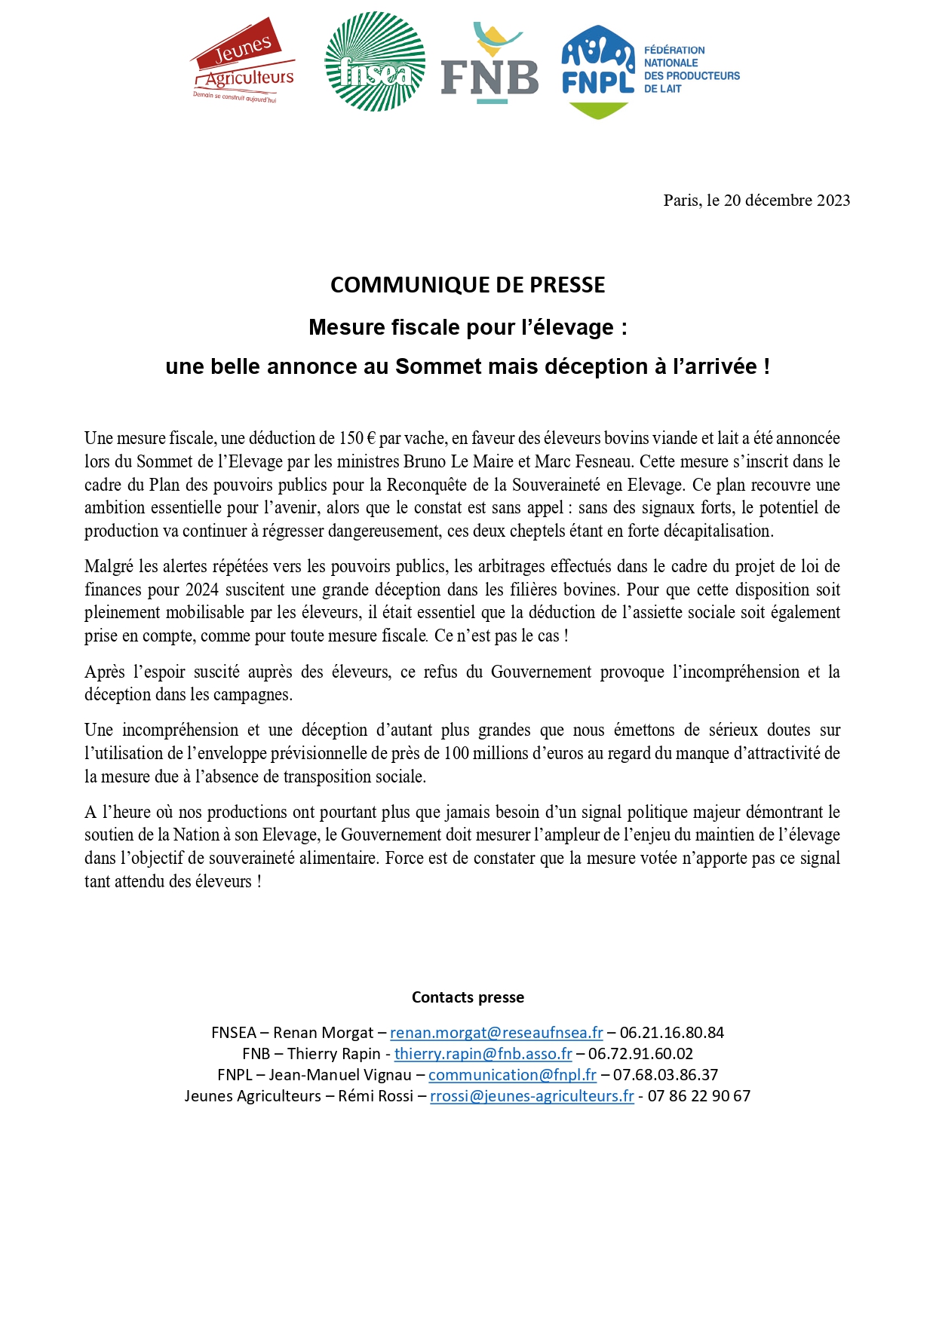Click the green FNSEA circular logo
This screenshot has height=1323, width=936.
pos(375,62)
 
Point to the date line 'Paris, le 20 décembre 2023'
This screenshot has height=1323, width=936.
pos(756,201)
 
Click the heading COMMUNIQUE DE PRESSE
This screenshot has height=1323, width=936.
pos(468,285)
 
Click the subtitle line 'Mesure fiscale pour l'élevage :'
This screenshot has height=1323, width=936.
pos(468,327)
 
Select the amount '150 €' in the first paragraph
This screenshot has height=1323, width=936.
pos(357,439)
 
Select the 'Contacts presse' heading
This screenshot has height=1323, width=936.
pos(468,997)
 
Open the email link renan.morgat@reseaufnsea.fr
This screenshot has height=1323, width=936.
pos(496,1033)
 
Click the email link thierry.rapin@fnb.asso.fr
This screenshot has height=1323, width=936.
pos(483,1054)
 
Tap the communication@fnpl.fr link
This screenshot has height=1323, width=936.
pos(512,1075)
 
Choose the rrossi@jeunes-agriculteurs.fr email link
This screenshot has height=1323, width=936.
pos(532,1096)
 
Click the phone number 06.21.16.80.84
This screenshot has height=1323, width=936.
pos(671,1033)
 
